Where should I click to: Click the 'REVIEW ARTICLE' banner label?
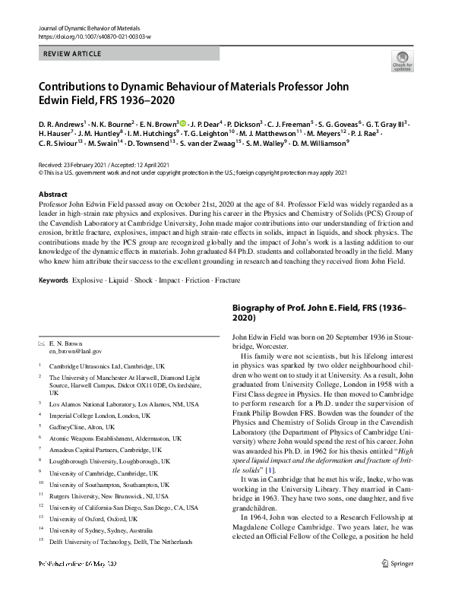point(71,55)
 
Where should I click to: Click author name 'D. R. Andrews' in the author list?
point(61,122)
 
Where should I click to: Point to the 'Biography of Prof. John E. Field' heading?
point(318,313)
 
